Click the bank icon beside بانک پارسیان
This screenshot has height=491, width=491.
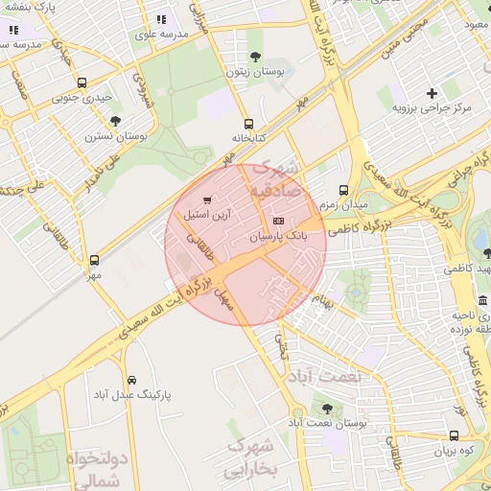click(279, 221)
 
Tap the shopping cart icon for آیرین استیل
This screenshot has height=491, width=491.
click(207, 199)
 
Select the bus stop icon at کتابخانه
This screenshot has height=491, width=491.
click(249, 124)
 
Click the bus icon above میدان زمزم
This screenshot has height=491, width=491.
click(344, 190)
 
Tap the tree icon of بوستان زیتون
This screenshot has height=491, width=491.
click(254, 57)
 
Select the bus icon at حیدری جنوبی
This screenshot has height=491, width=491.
click(82, 83)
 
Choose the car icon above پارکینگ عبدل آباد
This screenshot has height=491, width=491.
click(131, 380)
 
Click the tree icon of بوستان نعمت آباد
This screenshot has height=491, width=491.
click(327, 409)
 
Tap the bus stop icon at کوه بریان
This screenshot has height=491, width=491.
click(454, 435)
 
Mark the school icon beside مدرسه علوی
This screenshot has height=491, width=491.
click(161, 18)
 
